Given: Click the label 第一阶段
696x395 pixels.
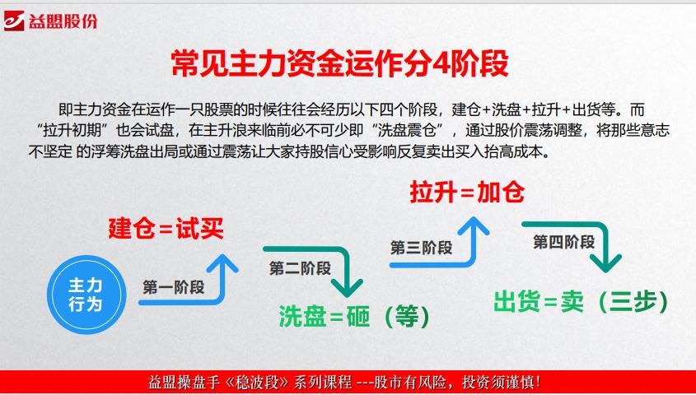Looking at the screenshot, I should click(x=173, y=288).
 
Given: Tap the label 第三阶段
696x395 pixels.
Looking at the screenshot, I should click(x=421, y=247).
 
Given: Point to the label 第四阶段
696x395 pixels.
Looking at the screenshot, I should click(x=563, y=242).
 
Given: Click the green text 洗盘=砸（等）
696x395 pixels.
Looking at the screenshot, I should click(x=354, y=314).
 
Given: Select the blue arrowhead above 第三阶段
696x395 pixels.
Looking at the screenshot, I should click(x=474, y=225).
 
